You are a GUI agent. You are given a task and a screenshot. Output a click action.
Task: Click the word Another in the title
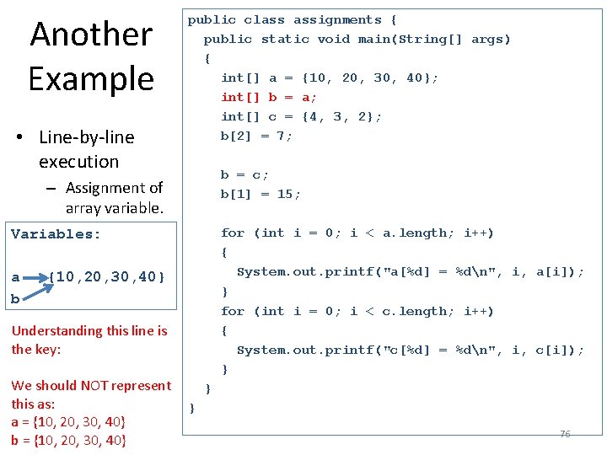91,35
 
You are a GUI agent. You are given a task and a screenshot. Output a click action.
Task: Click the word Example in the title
91,78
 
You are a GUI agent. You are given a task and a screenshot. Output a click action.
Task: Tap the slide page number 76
565,434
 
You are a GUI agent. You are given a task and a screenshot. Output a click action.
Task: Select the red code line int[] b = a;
269,97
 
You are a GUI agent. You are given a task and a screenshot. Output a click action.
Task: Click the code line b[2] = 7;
257,136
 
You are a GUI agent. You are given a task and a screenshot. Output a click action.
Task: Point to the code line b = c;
244,174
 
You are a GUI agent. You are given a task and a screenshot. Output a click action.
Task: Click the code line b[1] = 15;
261,194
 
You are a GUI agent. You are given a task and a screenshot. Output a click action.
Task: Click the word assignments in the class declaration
337,19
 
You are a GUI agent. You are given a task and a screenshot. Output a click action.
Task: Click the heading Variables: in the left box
56,234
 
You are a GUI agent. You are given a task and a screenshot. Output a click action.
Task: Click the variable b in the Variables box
15,298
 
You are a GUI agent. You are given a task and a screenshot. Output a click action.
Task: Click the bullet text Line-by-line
87,137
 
